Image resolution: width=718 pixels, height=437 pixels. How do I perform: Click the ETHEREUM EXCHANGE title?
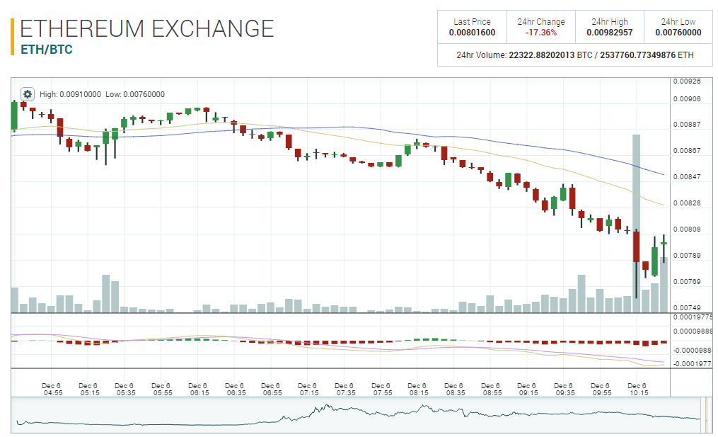[146, 28]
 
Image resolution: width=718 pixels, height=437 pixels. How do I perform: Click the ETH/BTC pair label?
[46, 50]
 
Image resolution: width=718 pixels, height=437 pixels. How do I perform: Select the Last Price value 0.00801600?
[472, 33]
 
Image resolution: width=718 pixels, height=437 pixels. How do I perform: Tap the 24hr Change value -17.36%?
[540, 33]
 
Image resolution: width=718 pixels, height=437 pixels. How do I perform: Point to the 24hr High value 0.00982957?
[610, 33]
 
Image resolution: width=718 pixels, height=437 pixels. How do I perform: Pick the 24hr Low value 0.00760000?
[678, 33]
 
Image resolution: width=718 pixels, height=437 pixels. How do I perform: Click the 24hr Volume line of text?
[574, 55]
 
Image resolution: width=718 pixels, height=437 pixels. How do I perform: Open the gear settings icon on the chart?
[28, 94]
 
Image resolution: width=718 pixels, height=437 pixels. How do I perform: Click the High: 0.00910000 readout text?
[70, 94]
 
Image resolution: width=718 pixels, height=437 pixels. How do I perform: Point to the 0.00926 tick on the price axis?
[686, 81]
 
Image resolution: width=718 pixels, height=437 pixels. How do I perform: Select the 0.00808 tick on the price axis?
[686, 229]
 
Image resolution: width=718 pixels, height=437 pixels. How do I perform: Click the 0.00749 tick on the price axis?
[686, 308]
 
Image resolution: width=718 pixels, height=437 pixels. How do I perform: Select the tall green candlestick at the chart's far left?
[13, 115]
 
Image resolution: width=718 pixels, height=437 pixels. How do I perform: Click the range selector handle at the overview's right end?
[704, 414]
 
